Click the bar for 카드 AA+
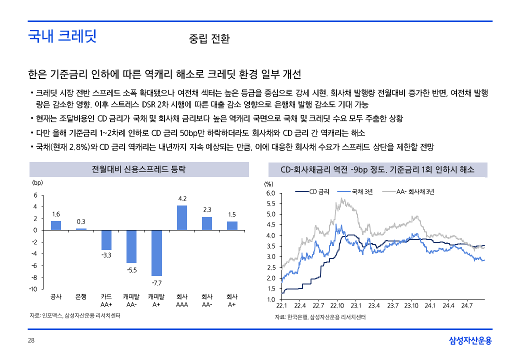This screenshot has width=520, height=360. coord(106,240)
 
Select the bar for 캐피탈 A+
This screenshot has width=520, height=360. coord(156,253)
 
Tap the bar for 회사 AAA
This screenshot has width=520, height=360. coord(182,218)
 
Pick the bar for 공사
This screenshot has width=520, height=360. coord(56,225)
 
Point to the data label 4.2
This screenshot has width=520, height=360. coord(182,199)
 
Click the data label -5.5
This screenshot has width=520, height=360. coord(131,270)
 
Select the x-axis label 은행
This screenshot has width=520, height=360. coord(81,296)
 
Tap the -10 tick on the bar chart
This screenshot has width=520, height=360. coord(33,289)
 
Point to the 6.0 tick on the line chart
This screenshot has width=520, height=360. coord(270,193)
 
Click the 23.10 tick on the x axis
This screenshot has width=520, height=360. coord(411,305)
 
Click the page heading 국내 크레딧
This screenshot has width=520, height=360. coord(62,36)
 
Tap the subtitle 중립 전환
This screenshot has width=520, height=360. coord(209,39)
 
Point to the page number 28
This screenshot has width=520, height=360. coord(31,340)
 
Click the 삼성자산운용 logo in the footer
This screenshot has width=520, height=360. coord(470,341)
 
